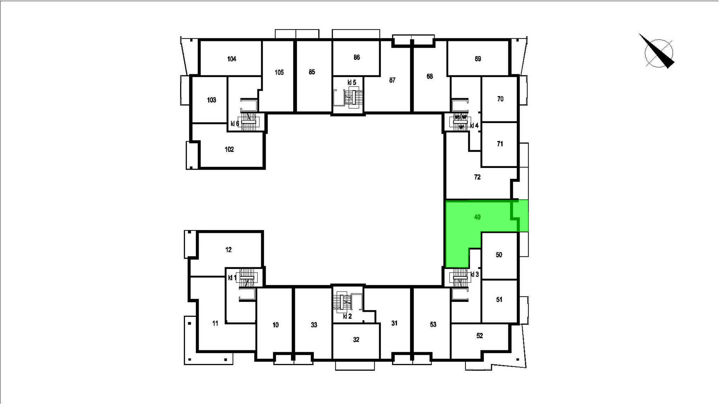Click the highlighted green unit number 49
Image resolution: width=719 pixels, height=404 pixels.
click(x=477, y=217)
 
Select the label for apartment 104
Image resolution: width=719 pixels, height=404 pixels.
click(x=232, y=59)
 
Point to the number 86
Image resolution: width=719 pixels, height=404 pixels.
click(x=357, y=57)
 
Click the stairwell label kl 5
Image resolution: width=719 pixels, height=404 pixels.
click(x=352, y=82)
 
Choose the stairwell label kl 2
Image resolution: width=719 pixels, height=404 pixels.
click(x=347, y=316)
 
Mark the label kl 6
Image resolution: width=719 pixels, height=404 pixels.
click(x=235, y=123)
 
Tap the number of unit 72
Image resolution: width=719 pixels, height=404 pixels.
click(x=477, y=177)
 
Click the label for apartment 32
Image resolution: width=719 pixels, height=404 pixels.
click(x=356, y=339)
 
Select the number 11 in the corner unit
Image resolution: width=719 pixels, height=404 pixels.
click(x=215, y=323)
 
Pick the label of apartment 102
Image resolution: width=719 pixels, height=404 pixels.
click(x=229, y=149)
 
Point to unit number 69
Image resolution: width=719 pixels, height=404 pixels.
click(x=478, y=59)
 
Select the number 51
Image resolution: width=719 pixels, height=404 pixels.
click(x=499, y=299)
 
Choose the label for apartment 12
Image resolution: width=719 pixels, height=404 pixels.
click(x=229, y=250)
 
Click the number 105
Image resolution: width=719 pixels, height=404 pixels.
click(x=279, y=73)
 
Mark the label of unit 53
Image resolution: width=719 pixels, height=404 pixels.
click(x=433, y=324)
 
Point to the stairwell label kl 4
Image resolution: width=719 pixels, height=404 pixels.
click(x=474, y=126)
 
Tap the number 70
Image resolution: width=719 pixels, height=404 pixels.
click(x=500, y=99)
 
